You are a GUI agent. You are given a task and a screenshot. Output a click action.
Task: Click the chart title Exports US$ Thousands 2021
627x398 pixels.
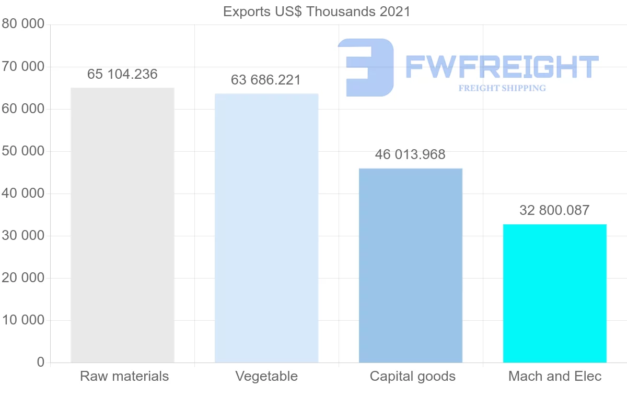[317, 11]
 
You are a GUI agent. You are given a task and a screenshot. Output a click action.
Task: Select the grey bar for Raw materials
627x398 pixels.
[122, 225]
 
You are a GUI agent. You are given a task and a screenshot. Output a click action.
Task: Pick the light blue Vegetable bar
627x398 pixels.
[266, 228]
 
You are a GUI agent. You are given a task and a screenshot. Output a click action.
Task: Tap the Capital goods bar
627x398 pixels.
[411, 266]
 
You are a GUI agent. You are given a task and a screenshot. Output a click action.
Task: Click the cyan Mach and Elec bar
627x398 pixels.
[554, 293]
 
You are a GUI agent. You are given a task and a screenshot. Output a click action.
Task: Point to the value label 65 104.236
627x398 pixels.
[122, 75]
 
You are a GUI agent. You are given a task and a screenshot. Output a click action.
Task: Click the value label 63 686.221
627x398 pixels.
[266, 80]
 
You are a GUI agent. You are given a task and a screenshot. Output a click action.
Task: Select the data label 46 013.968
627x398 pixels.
[410, 155]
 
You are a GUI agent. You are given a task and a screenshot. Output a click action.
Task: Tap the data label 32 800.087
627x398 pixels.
[554, 211]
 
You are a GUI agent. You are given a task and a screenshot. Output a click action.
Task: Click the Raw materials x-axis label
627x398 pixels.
[124, 376]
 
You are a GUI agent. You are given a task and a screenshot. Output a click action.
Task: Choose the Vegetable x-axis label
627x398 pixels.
[266, 376]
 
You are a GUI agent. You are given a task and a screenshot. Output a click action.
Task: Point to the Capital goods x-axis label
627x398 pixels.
[413, 376]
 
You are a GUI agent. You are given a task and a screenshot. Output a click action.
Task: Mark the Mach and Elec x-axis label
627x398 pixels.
[555, 376]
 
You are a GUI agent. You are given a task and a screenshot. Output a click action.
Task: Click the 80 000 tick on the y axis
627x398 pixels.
[22, 25]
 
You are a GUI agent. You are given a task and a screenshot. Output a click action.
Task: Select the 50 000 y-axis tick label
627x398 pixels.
[22, 151]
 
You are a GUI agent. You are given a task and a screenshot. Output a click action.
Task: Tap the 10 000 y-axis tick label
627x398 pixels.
[22, 320]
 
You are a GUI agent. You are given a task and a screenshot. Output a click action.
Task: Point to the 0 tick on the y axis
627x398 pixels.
[41, 363]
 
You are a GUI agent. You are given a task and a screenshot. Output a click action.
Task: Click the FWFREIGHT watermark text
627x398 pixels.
[502, 67]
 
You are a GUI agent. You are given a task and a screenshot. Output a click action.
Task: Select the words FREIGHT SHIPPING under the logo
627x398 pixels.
[502, 88]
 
